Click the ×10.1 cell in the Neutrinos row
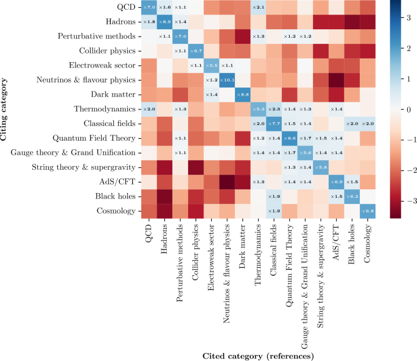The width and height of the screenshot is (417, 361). coord(226,80)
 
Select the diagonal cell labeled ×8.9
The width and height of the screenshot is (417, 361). coord(164,22)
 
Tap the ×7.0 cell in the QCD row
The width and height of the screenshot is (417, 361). coord(149,7)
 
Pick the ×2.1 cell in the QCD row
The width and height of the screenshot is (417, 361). coord(258,7)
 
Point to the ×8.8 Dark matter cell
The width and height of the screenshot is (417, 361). coord(242,94)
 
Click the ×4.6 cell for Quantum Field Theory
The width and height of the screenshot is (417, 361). coord(289,138)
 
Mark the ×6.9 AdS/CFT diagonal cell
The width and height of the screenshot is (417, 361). coord(336,181)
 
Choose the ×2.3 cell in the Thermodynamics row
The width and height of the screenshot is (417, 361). coord(273,109)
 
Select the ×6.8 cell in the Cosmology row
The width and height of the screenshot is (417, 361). coord(367,211)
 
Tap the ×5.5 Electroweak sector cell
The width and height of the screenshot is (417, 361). coord(211,65)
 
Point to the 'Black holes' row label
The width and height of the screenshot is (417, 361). coord(119,196)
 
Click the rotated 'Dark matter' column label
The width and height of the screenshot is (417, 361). coord(242,244)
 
